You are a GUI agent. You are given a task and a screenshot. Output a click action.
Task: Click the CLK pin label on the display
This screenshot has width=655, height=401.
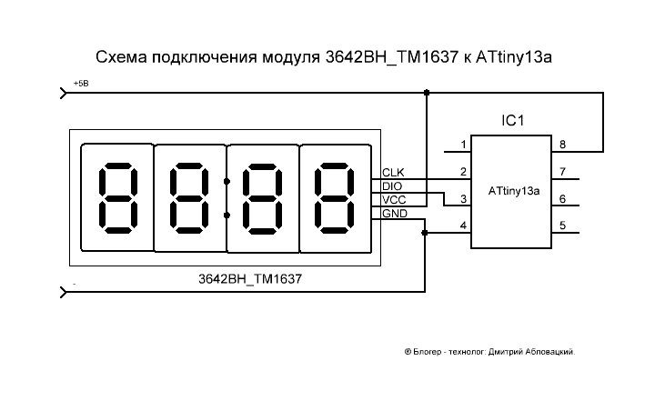tap(394, 173)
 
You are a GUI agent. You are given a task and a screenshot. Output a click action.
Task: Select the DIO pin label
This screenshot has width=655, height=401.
tap(392, 186)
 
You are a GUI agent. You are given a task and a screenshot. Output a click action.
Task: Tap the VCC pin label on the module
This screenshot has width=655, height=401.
tap(394, 200)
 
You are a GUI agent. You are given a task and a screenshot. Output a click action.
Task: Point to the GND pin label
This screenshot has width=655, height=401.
tap(395, 214)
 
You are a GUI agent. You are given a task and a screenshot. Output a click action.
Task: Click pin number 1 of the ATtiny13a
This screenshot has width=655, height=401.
tap(464, 145)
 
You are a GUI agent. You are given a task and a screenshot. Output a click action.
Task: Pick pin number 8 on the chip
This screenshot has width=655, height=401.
tap(562, 145)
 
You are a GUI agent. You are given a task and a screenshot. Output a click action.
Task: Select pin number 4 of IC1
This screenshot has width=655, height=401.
tap(464, 226)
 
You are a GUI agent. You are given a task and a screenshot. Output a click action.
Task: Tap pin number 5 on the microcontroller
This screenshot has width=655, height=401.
tap(562, 226)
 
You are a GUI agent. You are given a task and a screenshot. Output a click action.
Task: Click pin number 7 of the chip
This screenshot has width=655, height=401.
tap(562, 172)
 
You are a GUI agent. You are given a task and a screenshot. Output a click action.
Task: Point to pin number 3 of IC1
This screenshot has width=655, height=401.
tap(464, 199)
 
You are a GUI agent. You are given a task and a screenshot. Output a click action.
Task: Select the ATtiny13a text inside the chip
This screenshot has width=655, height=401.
tap(514, 192)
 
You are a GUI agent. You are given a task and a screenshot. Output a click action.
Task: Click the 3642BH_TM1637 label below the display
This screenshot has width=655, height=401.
tap(249, 278)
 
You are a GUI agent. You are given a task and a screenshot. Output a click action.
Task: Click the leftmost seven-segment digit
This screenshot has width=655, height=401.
tap(116, 197)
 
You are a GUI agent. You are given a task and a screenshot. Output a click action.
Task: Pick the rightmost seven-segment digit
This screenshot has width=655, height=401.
tap(335, 197)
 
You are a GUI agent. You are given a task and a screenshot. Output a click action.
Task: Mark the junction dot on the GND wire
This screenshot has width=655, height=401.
tap(425, 233)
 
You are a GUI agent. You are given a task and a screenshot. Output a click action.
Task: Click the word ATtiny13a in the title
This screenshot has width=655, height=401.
tap(514, 58)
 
